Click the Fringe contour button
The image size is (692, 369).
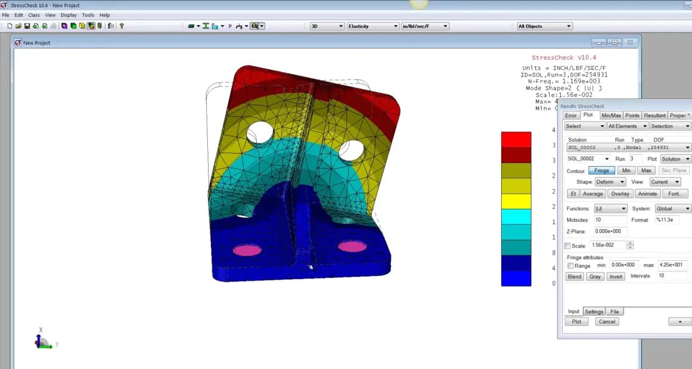point(601,170)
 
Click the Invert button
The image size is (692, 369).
point(616,277)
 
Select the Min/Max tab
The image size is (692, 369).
point(611,115)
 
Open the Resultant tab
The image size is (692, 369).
point(654,115)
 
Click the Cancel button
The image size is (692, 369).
point(607,321)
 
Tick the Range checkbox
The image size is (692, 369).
point(571,266)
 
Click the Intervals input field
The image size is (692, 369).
point(671,276)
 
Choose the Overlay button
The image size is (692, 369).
point(620,194)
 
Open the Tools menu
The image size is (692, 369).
point(88,15)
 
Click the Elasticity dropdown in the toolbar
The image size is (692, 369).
point(373,26)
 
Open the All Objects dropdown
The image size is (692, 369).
point(544,26)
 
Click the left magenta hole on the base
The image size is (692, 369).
point(247,250)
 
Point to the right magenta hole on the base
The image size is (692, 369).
point(352,246)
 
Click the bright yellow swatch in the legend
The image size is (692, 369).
point(516,201)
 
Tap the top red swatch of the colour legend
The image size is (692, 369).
point(516,139)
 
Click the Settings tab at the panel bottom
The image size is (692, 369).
point(594,312)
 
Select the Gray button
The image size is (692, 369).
point(594,277)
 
